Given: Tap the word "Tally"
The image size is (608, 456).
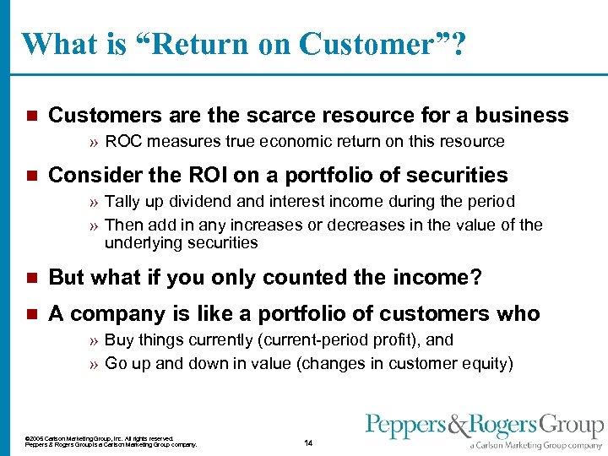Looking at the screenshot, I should [122, 202].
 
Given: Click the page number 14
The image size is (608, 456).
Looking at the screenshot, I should [308, 443].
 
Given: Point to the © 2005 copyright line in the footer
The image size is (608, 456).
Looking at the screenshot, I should [100, 438].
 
